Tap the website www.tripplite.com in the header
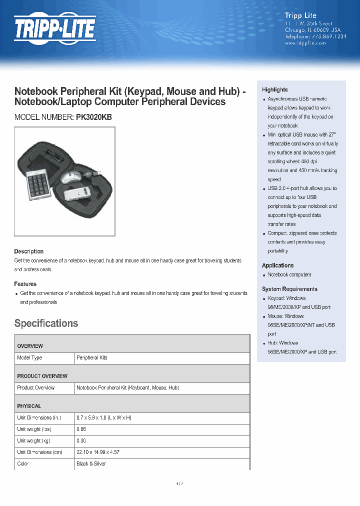pyautogui.click(x=305, y=43)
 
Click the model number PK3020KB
pyautogui.click(x=94, y=117)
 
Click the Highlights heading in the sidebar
pyautogui.click(x=274, y=89)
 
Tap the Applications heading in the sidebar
pyautogui.click(x=277, y=265)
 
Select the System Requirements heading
pyautogui.click(x=289, y=289)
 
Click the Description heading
pyautogui.click(x=28, y=251)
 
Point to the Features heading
pyautogui.click(x=25, y=284)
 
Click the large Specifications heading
pyautogui.click(x=46, y=323)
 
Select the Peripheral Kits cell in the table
pyautogui.click(x=91, y=358)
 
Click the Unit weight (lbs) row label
pyautogui.click(x=34, y=429)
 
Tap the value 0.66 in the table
pyautogui.click(x=81, y=429)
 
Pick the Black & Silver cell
pyautogui.click(x=91, y=464)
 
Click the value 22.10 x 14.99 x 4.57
pyautogui.click(x=98, y=452)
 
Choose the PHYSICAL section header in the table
pyautogui.click(x=29, y=406)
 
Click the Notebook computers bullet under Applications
pyautogui.click(x=289, y=274)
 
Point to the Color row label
pyautogui.click(x=23, y=464)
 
